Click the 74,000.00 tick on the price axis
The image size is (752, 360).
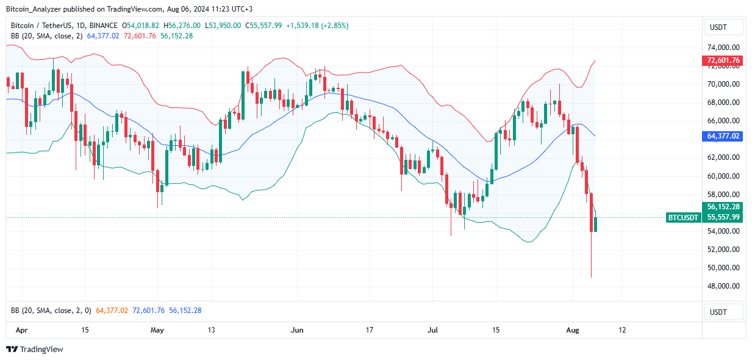(x=723, y=48)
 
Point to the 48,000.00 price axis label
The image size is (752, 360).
(x=723, y=286)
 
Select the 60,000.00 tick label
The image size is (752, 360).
(x=723, y=176)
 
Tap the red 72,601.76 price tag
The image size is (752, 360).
(x=723, y=60)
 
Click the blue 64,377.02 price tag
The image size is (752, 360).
(x=723, y=136)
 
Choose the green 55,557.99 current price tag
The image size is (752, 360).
(x=723, y=217)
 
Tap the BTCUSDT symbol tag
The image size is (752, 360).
(x=683, y=217)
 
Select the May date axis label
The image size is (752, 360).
(x=157, y=330)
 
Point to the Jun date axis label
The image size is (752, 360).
(x=297, y=330)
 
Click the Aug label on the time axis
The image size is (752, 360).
(x=573, y=330)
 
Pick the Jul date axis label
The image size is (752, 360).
(x=433, y=330)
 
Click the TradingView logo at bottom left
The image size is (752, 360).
(x=35, y=350)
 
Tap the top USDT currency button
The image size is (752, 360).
(x=724, y=27)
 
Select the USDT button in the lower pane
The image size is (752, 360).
(x=724, y=312)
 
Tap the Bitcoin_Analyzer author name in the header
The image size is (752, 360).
(x=33, y=9)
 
